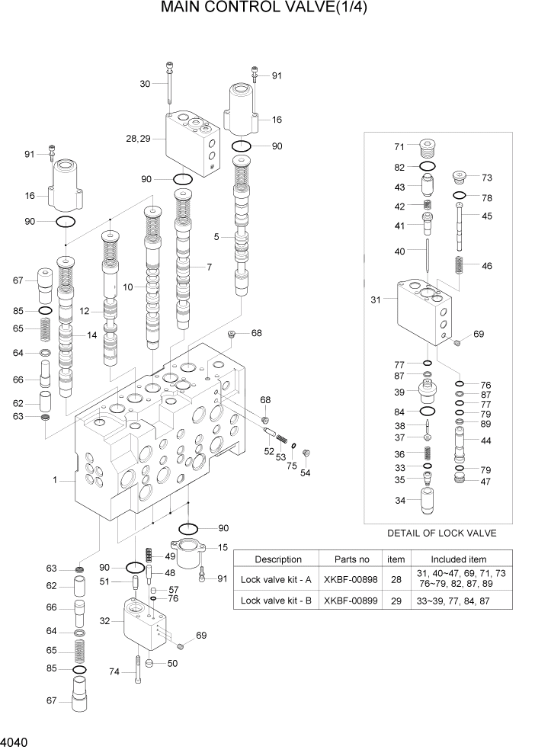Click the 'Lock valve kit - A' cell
point(277,579)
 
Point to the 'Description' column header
point(277,559)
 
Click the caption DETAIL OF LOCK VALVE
point(442,533)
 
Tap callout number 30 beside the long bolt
point(145,84)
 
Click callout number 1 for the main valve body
point(56,480)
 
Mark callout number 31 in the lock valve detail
point(375,300)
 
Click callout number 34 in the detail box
point(400,501)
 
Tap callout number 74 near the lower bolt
point(115,671)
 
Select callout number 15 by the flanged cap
point(223,546)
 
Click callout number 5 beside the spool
point(216,237)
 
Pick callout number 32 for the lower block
point(106,621)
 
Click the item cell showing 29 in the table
point(396,601)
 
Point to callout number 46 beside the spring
point(486,266)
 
